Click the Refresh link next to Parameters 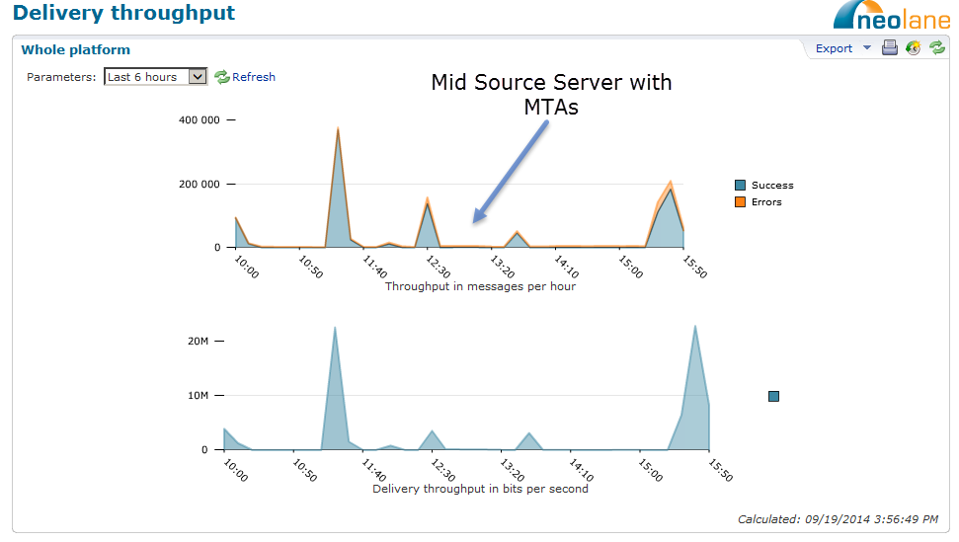(x=245, y=77)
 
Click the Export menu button (x=842, y=48)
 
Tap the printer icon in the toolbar (x=890, y=47)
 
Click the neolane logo (x=892, y=15)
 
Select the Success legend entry (x=764, y=186)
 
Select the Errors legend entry (x=759, y=202)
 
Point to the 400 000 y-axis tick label (x=199, y=119)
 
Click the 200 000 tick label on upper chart (x=199, y=184)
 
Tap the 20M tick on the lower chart (x=199, y=341)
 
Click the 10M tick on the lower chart (x=199, y=395)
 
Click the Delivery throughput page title (x=123, y=13)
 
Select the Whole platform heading (x=76, y=50)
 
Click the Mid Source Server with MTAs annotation (x=551, y=94)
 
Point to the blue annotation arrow (x=512, y=171)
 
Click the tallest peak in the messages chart (x=338, y=128)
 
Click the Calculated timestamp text (x=838, y=519)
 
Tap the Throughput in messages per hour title (x=480, y=286)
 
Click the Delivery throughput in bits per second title (x=480, y=489)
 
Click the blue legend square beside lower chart (x=773, y=397)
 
